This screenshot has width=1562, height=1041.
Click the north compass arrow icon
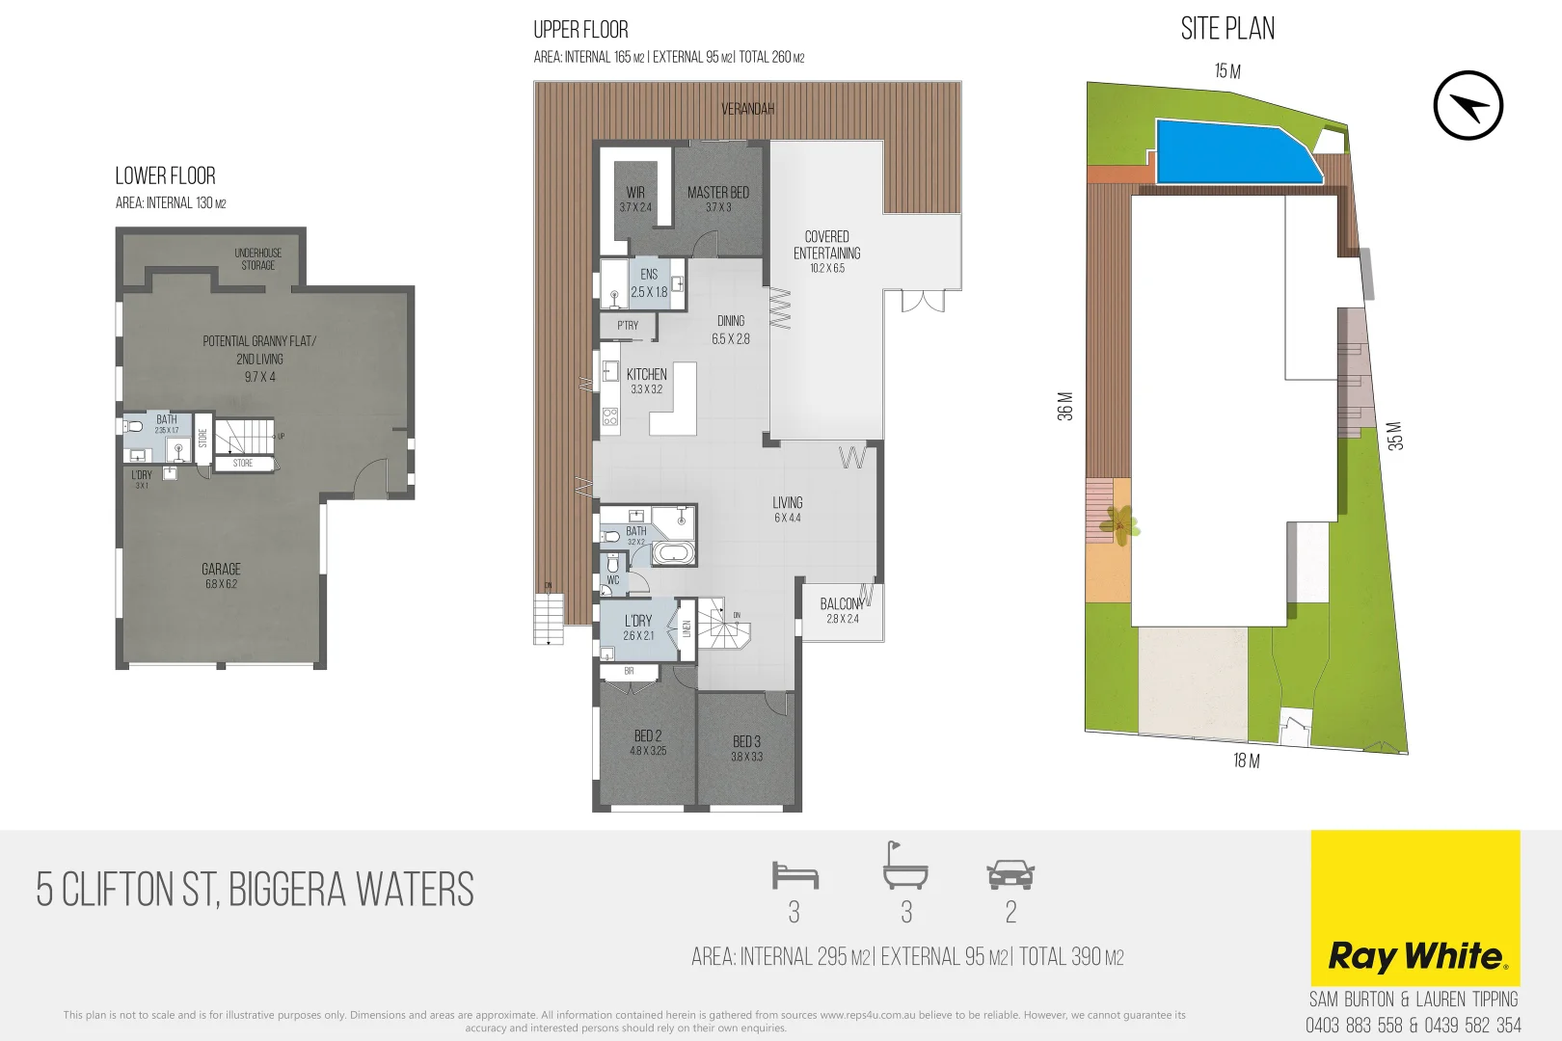[1468, 105]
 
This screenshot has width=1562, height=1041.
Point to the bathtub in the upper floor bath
[672, 553]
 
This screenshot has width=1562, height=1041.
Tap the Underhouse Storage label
[257, 258]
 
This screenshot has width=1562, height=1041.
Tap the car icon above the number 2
[1010, 876]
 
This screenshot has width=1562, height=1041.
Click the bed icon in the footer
[794, 875]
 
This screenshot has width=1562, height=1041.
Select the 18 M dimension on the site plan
[1246, 761]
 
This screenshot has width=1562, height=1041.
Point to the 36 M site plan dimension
[1064, 406]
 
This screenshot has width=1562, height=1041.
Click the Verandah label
[747, 109]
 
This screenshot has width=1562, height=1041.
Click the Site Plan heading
[1227, 29]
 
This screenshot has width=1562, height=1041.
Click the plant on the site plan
[1120, 524]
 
